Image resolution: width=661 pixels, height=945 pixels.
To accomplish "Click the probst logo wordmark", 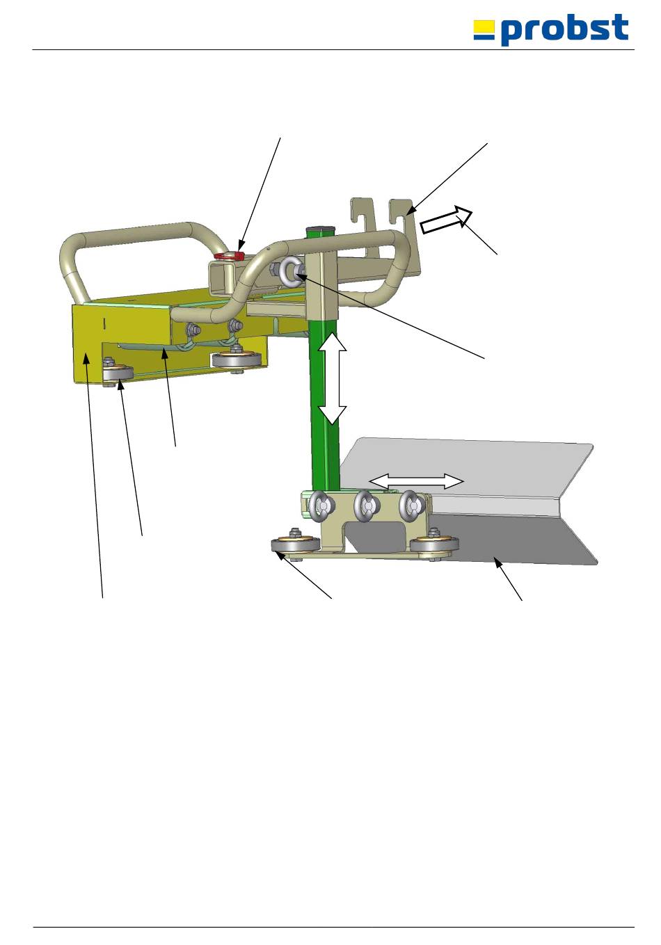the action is (x=564, y=29).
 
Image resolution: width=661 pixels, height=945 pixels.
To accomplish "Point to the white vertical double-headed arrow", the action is (x=332, y=378).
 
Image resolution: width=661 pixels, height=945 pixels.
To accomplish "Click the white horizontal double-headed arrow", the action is (x=416, y=481).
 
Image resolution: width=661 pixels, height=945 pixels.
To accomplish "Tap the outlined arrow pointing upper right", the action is (x=446, y=219).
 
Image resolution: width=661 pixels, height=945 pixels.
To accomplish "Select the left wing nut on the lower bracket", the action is (x=322, y=506).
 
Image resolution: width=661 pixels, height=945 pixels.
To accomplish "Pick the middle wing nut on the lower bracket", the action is (x=367, y=505).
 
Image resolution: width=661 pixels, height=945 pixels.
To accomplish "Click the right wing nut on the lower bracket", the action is (x=413, y=504).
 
